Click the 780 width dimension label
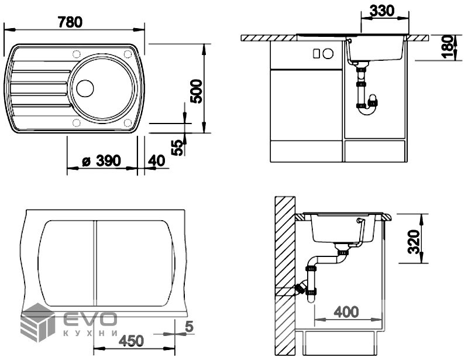[x=70, y=22]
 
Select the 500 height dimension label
[x=196, y=91]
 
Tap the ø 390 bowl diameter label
[x=102, y=161]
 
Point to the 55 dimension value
[x=177, y=148]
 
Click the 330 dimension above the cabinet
[x=382, y=11]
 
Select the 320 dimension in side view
[x=414, y=242]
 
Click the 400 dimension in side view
[x=346, y=312]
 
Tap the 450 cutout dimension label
[x=131, y=341]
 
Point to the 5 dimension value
[x=189, y=327]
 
